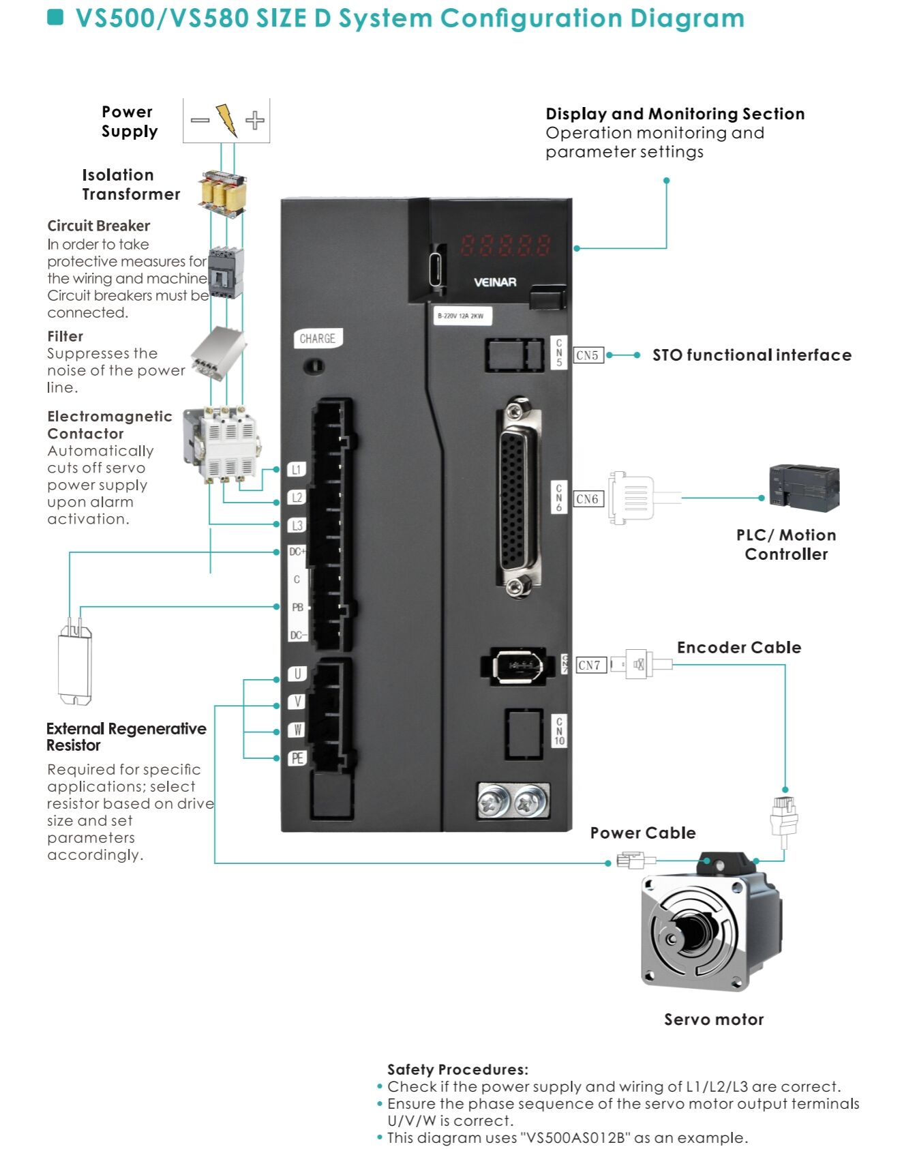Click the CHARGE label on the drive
pyautogui.click(x=318, y=338)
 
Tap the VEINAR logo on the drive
pyautogui.click(x=495, y=282)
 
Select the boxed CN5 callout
pyautogui.click(x=587, y=355)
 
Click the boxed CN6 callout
pyautogui.click(x=587, y=499)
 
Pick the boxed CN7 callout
pyautogui.click(x=590, y=665)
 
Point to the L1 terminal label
pyautogui.click(x=297, y=469)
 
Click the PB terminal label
pyautogui.click(x=297, y=607)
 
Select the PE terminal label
pyautogui.click(x=297, y=758)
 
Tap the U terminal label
pyautogui.click(x=297, y=674)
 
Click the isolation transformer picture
pyautogui.click(x=222, y=193)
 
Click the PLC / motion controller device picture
pyautogui.click(x=804, y=488)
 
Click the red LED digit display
pyautogui.click(x=505, y=245)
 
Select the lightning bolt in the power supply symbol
pyautogui.click(x=226, y=121)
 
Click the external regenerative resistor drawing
pyautogui.click(x=75, y=665)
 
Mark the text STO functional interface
pyautogui.click(x=751, y=355)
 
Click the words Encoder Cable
pyautogui.click(x=738, y=648)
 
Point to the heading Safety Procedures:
pyautogui.click(x=457, y=1069)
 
